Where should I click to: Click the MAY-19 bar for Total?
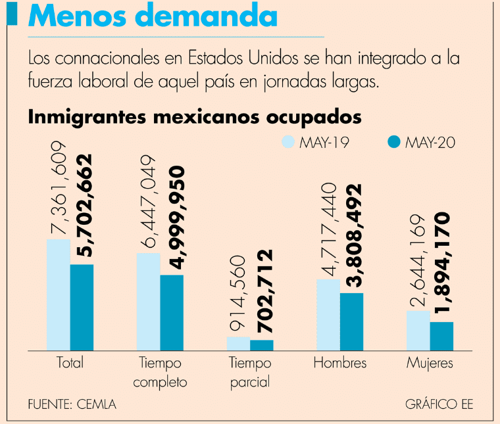click(x=58, y=294)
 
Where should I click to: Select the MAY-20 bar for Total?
click(x=82, y=307)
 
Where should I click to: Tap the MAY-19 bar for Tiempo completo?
click(x=148, y=301)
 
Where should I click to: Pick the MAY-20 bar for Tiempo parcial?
click(x=262, y=345)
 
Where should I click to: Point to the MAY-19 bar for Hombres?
click(x=328, y=314)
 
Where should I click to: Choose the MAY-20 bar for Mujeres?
click(x=441, y=336)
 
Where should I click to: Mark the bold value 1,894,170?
click(x=442, y=265)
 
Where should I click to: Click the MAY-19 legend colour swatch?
click(x=287, y=143)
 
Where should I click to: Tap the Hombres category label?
click(x=339, y=363)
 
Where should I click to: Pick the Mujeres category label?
click(x=430, y=363)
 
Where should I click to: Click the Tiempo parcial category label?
click(x=250, y=372)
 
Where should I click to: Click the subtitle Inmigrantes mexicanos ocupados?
click(x=195, y=117)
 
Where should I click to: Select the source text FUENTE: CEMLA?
click(x=72, y=404)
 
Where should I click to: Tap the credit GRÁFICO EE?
click(x=439, y=404)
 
